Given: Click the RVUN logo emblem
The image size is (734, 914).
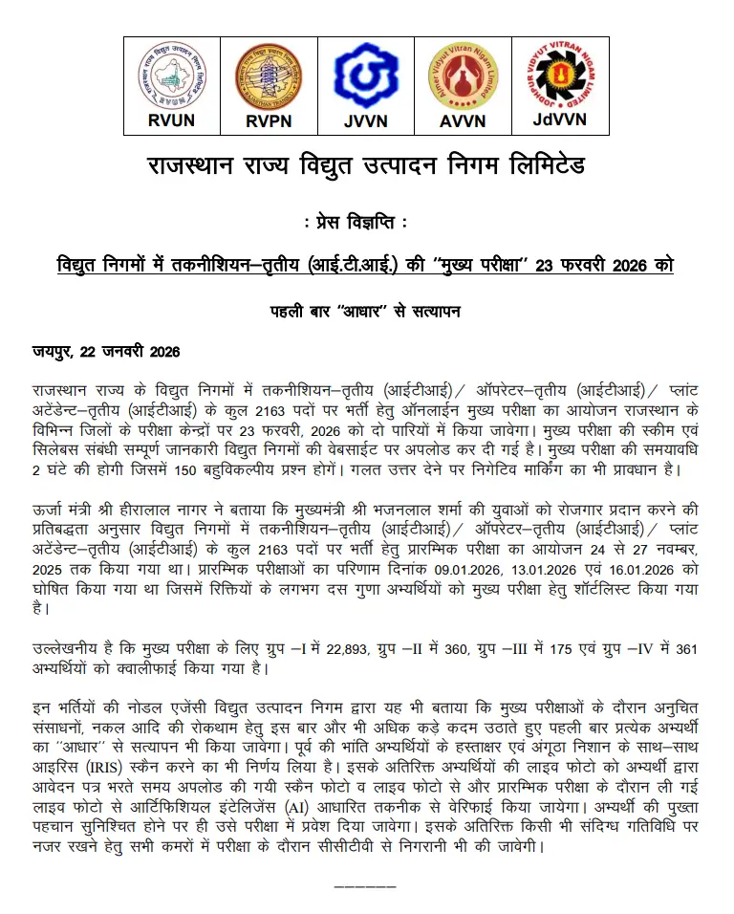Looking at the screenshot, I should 172,76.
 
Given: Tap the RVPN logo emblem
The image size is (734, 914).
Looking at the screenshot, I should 269,76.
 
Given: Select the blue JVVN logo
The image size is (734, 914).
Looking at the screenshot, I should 365,76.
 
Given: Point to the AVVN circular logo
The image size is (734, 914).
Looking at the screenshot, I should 463,76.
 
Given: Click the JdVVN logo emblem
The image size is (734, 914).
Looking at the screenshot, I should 559,75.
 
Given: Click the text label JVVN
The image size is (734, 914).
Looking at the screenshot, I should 365,121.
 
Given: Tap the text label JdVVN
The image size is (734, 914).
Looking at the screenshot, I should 559,120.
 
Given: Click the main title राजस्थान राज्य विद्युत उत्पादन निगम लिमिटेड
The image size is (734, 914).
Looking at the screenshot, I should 366,166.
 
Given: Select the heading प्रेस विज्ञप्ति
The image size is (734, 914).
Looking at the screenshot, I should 366,223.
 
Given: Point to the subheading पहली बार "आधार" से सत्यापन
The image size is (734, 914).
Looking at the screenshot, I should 366,311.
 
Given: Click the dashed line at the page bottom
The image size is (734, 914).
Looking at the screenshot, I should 367,888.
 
